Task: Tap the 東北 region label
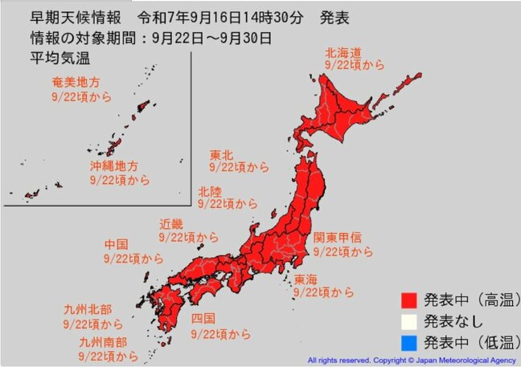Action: coord(222,153)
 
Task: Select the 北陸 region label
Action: coord(211,190)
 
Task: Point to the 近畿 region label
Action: coord(172,224)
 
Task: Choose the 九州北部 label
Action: coord(84,309)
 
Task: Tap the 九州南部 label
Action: coord(84,340)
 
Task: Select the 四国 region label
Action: coord(203,320)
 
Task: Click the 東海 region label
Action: coord(305,279)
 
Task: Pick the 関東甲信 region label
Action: coord(337,238)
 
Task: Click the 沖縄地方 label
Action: coord(113,167)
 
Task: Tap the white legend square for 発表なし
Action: coord(409,322)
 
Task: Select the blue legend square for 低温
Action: coord(409,343)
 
